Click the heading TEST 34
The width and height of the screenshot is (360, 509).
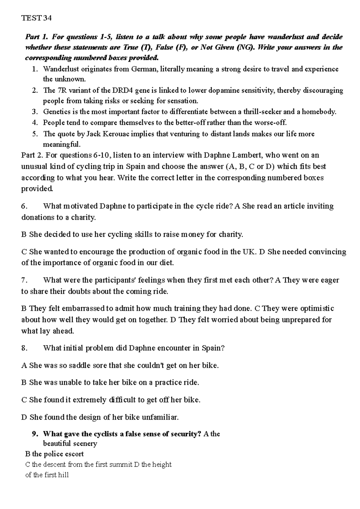37,18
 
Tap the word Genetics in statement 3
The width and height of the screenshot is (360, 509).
57,112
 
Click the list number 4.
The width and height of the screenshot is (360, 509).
35,122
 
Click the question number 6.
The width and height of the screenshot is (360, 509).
24,206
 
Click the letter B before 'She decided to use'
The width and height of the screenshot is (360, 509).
24,234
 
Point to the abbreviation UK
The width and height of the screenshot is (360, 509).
251,252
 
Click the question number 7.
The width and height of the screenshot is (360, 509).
24,280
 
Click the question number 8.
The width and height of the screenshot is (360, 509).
24,348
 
